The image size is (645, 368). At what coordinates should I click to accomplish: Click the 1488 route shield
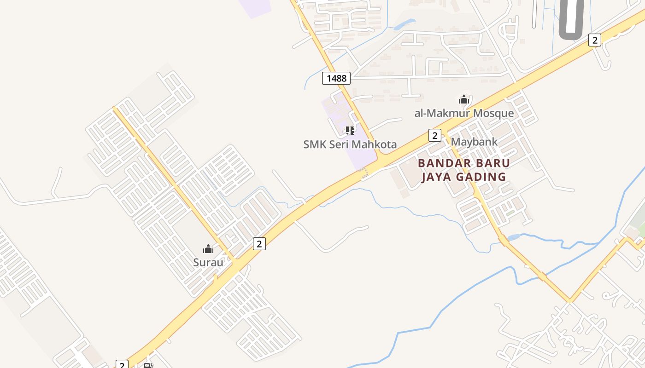pos(336,78)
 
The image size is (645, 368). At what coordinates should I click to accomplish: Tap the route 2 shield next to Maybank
pos(434,135)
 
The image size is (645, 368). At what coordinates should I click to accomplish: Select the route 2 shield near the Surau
pos(259,244)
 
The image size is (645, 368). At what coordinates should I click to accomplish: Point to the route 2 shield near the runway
pos(595,40)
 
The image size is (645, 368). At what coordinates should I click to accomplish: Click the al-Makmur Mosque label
pos(464,113)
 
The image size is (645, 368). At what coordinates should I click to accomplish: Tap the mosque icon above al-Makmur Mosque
pos(463,99)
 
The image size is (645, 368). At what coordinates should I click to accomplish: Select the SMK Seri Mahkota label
pos(350,144)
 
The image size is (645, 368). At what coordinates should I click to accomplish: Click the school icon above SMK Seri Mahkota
pos(350,131)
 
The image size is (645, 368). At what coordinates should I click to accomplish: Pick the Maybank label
pos(474,142)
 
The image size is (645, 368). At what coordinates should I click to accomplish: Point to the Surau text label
pos(208,263)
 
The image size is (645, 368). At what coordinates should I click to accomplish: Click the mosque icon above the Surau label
pos(208,249)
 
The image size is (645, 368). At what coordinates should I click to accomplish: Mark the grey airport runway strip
pos(572,16)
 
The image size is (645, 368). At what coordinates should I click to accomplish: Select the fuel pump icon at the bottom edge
pos(148,366)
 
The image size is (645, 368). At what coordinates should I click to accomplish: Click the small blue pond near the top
pos(404,23)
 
